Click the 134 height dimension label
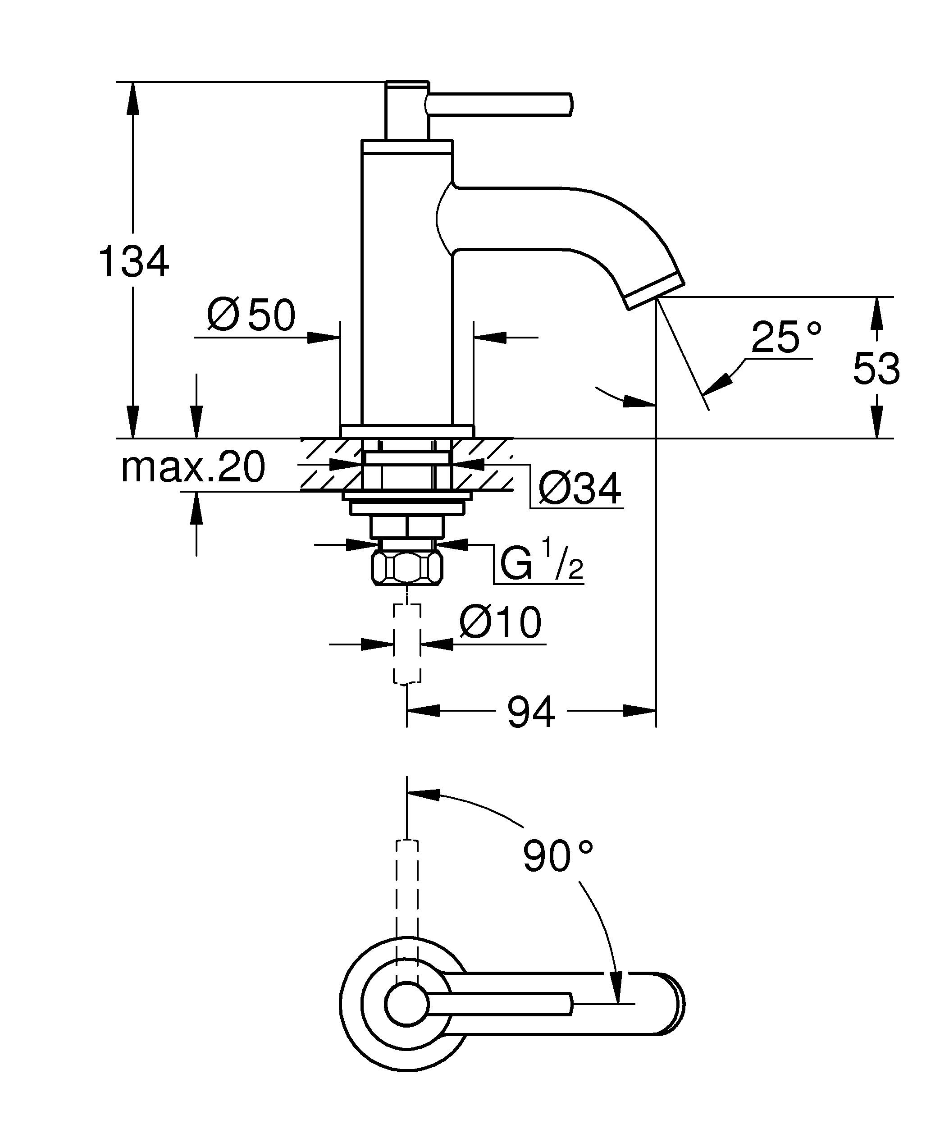[134, 262]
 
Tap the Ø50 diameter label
[251, 315]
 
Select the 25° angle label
[786, 337]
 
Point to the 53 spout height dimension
[876, 369]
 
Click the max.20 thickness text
[193, 467]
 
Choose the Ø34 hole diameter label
[579, 489]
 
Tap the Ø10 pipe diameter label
[500, 622]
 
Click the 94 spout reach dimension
[531, 713]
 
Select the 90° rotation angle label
[557, 856]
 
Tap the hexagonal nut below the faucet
[407, 568]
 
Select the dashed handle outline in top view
[407, 894]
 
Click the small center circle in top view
[407, 1004]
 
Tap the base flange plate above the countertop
[407, 430]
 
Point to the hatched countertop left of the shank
[330, 465]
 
